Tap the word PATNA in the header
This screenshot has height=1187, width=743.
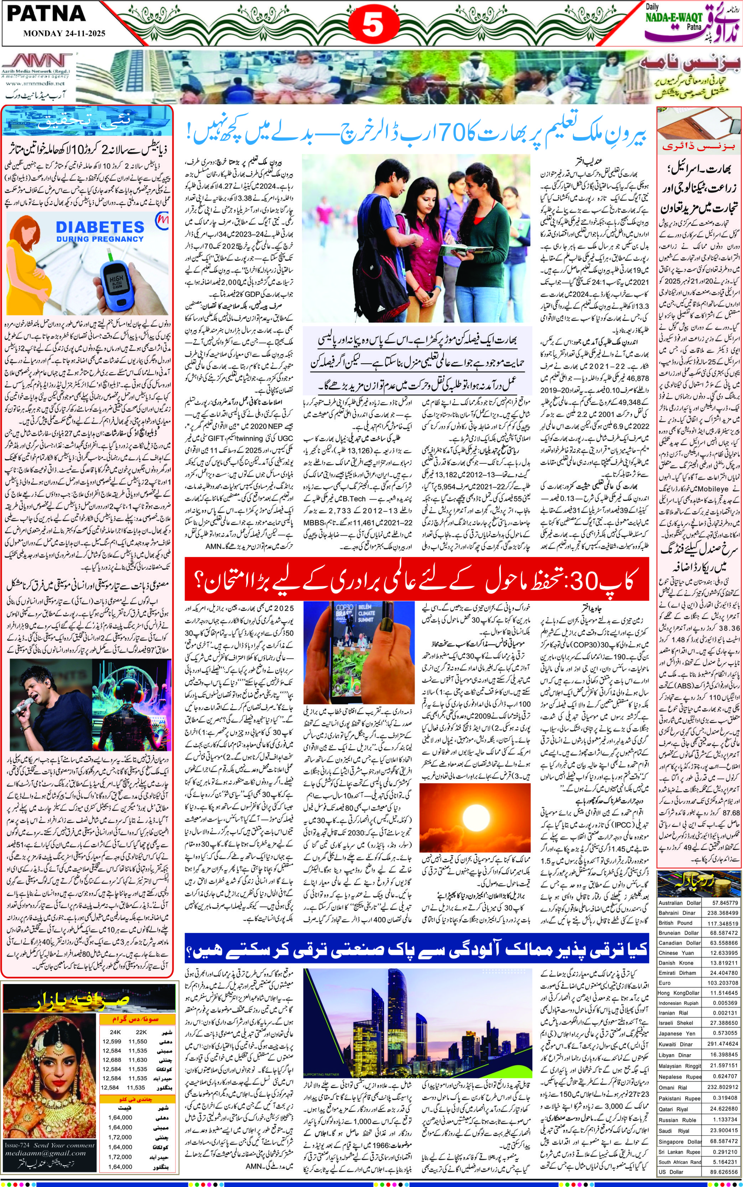47,14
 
